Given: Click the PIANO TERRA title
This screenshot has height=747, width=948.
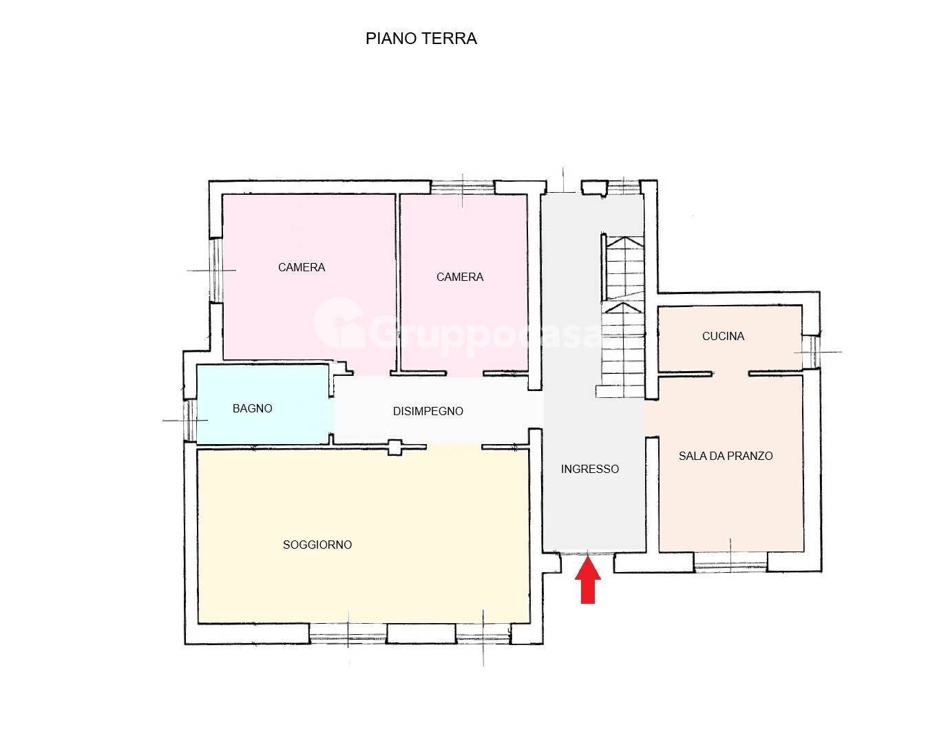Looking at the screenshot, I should pos(421,39).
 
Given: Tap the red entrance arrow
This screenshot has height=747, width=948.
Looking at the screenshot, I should pos(587,581).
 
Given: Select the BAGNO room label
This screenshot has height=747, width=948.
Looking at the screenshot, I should pos(252,408).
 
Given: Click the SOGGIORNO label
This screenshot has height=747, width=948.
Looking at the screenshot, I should pos(317,545).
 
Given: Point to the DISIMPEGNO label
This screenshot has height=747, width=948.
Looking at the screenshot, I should pos(428,411).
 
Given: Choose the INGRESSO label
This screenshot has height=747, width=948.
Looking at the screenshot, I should pos(589,469).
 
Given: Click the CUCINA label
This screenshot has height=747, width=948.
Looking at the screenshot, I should pos(723,336).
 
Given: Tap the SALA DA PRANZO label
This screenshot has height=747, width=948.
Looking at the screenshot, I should pos(726,456).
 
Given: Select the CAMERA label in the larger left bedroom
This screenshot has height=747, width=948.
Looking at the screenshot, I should pos(302,267).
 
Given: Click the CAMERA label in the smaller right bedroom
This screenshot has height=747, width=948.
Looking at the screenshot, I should pos(460,277).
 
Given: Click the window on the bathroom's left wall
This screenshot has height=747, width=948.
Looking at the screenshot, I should pos(189,419).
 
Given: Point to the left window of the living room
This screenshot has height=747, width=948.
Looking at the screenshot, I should pos(348,634).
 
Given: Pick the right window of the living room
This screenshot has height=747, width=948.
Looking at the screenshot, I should pos(483,634).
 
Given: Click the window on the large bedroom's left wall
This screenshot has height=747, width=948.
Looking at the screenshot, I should pos(215,270).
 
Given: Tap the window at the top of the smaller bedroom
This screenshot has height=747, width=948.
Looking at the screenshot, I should pos(463,187).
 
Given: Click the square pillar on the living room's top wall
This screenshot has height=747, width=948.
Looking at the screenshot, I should pos(395,447).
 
